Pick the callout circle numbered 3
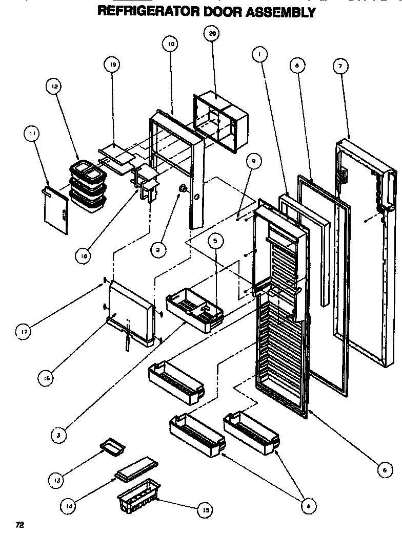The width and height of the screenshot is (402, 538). click(59, 436)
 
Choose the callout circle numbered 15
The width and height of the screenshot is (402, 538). click(205, 509)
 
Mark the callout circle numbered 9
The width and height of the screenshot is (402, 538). click(252, 162)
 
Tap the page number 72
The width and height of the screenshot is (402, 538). click(19, 525)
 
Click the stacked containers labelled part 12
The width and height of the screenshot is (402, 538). click(87, 187)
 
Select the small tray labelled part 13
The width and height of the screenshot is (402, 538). click(112, 446)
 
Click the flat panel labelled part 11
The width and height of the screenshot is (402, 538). click(55, 210)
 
